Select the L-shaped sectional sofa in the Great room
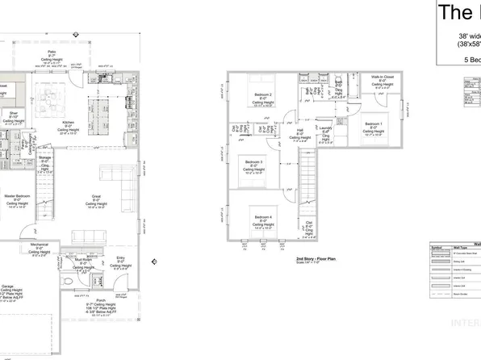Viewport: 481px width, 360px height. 121,186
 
